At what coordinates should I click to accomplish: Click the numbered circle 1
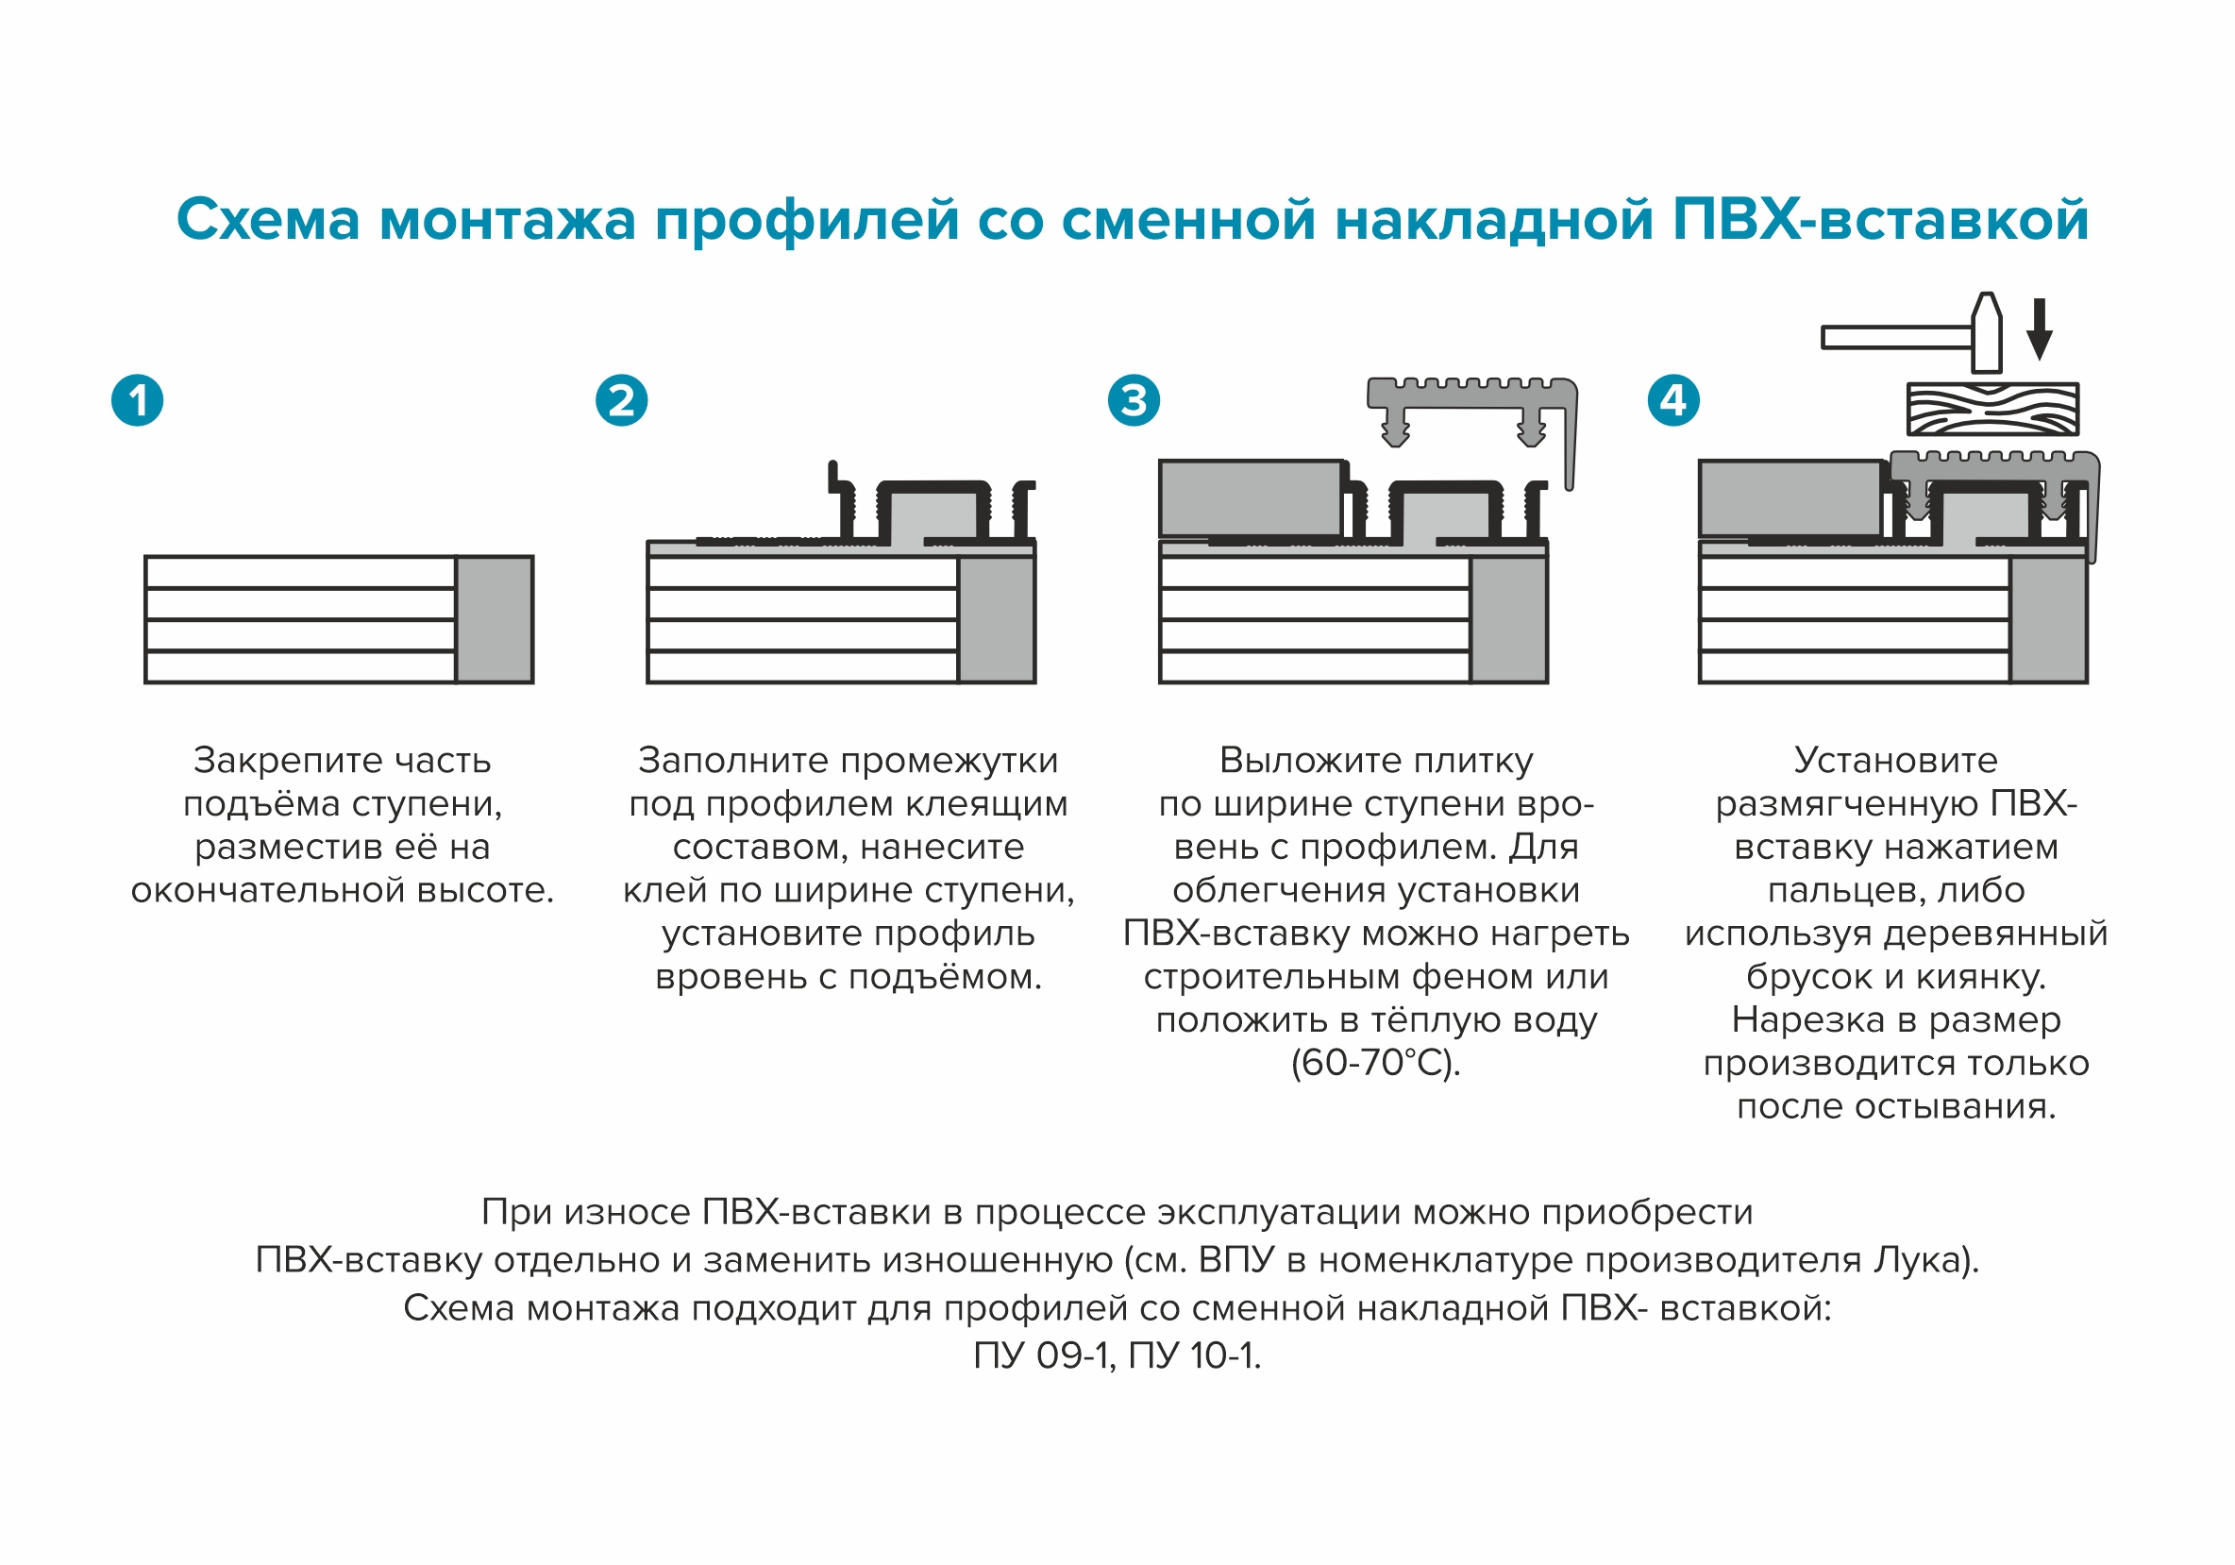137,400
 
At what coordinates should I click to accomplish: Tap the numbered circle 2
621,400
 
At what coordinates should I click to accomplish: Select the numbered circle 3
1134,400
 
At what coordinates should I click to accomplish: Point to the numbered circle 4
1673,400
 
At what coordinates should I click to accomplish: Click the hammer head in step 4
1987,333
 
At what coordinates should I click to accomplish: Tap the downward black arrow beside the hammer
2040,330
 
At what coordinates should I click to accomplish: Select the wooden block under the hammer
1992,409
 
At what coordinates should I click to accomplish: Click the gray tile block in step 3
1251,498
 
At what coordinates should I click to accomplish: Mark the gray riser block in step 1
495,620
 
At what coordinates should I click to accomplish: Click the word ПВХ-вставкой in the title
1880,220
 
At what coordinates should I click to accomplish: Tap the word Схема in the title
268,220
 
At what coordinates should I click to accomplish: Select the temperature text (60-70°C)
1375,1063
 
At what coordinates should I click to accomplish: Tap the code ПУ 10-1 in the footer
1193,1355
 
